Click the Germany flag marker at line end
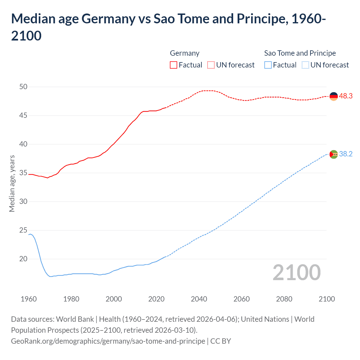pyautogui.click(x=334, y=96)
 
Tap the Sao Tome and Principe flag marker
pyautogui.click(x=334, y=154)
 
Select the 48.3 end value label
pyautogui.click(x=346, y=96)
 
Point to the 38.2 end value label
pyautogui.click(x=346, y=154)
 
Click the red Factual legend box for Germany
pyautogui.click(x=174, y=65)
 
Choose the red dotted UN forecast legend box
pyautogui.click(x=211, y=65)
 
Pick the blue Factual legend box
pyautogui.click(x=268, y=65)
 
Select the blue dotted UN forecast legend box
pyautogui.click(x=305, y=65)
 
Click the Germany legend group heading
pyautogui.click(x=184, y=53)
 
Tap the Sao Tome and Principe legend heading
pyautogui.click(x=300, y=53)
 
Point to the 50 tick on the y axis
pyautogui.click(x=23, y=87)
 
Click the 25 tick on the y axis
pyautogui.click(x=23, y=230)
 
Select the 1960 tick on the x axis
pyautogui.click(x=29, y=299)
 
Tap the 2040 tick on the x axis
pyautogui.click(x=199, y=299)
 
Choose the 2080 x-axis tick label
pyautogui.click(x=284, y=299)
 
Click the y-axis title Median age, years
pyautogui.click(x=12, y=183)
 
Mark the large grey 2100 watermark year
pyautogui.click(x=296, y=273)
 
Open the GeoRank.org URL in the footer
pyautogui.click(x=108, y=341)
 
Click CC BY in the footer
pyautogui.click(x=221, y=341)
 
